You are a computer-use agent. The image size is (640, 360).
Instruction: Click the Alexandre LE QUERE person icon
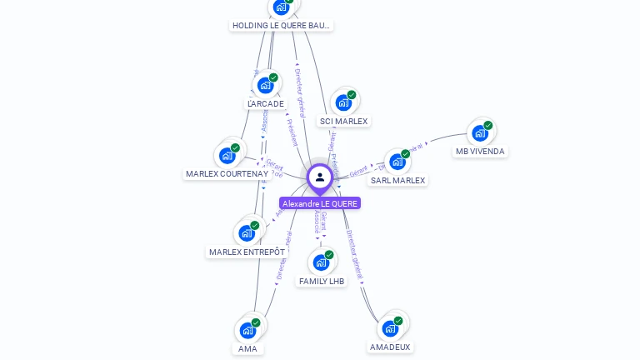(x=319, y=177)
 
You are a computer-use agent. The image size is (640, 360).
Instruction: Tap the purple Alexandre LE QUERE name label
(x=320, y=203)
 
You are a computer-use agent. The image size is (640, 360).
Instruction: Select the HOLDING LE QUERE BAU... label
(x=282, y=26)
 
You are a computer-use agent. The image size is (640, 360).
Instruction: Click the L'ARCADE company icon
(x=266, y=84)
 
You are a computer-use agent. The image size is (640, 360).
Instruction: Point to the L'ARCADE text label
(x=266, y=104)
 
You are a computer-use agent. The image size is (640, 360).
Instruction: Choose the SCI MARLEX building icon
(x=343, y=102)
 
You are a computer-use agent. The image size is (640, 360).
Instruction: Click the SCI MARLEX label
(x=343, y=122)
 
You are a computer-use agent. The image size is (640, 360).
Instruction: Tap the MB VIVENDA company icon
(x=479, y=132)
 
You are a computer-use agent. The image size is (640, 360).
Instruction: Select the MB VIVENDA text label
(x=480, y=152)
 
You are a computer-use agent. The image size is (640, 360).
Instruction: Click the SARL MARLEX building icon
(x=397, y=161)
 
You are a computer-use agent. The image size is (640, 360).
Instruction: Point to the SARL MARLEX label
(x=397, y=180)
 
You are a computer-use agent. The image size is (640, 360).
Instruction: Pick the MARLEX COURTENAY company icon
(x=227, y=155)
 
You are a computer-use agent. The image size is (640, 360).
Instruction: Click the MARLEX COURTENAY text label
(x=227, y=174)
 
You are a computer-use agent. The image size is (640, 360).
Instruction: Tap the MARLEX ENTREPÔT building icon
(x=247, y=232)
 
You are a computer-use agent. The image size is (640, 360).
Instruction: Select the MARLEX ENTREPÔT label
(x=247, y=252)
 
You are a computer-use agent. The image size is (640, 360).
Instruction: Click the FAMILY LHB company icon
(x=321, y=262)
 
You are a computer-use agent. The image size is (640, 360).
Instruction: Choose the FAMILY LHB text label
(x=322, y=282)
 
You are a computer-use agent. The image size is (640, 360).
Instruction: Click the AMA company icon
(x=247, y=330)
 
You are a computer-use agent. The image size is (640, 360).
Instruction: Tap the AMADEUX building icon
(x=390, y=328)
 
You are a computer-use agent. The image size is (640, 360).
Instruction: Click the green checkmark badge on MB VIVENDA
(x=487, y=126)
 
